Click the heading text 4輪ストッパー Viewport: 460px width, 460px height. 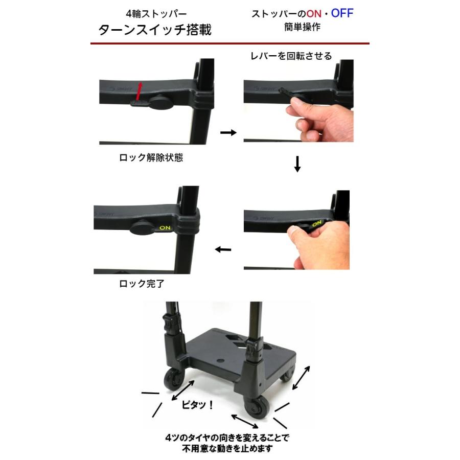tap(156, 13)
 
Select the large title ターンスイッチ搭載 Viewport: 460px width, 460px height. tap(155, 30)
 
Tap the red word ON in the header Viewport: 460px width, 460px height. tap(314, 14)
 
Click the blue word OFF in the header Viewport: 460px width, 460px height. tap(342, 13)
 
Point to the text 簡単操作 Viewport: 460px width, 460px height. tap(303, 27)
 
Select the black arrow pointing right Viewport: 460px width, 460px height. tap(228, 132)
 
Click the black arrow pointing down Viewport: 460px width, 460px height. tap(297, 164)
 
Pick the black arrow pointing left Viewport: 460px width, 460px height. tap(223, 249)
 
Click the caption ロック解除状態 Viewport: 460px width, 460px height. tap(151, 158)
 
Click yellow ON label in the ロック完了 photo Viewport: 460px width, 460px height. tap(166, 228)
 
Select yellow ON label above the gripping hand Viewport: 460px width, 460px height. tap(317, 223)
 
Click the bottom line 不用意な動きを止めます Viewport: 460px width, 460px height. tap(222, 449)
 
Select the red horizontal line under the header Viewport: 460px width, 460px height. tap(229, 44)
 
